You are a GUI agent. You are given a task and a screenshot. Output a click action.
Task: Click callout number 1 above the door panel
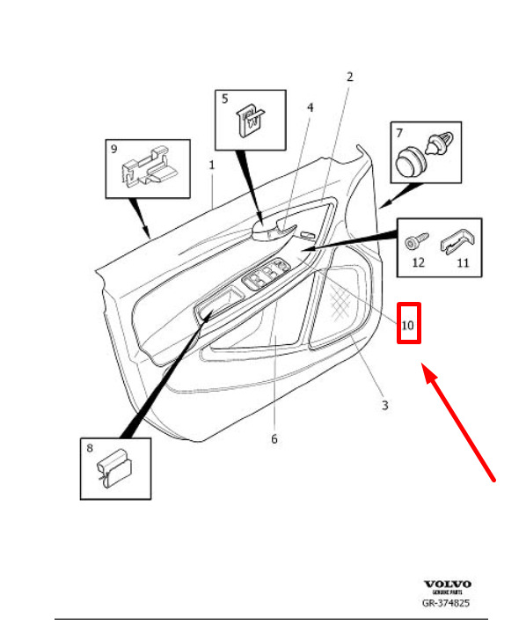[x=212, y=165]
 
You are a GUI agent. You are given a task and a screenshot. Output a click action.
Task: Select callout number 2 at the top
[x=349, y=77]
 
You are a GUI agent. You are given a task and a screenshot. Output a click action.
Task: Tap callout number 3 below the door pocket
[x=385, y=405]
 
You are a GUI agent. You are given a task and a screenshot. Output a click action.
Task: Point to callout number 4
[x=310, y=107]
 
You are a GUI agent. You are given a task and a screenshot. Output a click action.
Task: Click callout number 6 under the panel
[x=274, y=438]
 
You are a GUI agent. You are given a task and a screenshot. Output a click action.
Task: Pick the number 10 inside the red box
[x=407, y=325]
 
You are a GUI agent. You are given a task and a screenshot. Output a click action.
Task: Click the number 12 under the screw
[x=419, y=263]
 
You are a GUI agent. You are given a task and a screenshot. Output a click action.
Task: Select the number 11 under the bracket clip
[x=464, y=263]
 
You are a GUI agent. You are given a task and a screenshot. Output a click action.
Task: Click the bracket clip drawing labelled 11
[x=457, y=241]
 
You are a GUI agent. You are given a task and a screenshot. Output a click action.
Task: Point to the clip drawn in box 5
[x=250, y=121]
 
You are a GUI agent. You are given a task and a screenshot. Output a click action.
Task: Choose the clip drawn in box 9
[x=148, y=168]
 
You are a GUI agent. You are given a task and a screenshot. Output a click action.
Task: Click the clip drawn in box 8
[x=114, y=469]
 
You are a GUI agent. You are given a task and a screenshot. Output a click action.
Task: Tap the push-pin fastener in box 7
[x=440, y=143]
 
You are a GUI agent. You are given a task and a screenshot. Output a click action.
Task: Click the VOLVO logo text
[x=447, y=584]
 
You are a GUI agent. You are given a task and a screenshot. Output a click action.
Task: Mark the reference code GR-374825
[x=446, y=603]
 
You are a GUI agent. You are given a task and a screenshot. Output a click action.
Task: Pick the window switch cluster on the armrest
[x=266, y=273]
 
